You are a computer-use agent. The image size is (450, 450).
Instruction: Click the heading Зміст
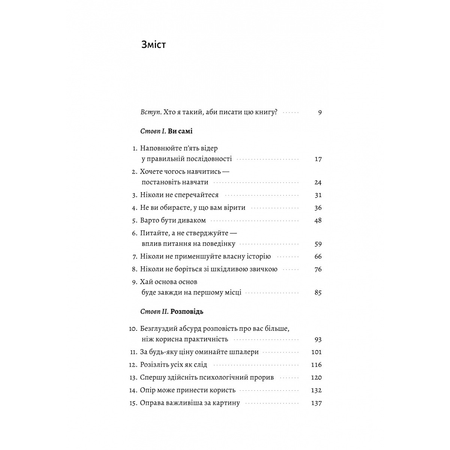pyautogui.click(x=154, y=45)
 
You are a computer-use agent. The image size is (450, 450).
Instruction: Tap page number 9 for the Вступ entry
pyautogui.click(x=319, y=112)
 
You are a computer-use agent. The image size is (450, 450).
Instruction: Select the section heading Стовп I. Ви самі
pyautogui.click(x=166, y=132)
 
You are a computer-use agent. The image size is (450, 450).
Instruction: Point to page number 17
pyautogui.click(x=318, y=159)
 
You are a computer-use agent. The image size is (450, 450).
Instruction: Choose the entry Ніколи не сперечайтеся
pyautogui.click(x=179, y=195)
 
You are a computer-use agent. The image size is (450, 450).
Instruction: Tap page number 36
pyautogui.click(x=318, y=208)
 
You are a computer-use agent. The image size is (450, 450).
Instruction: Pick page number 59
pyautogui.click(x=318, y=244)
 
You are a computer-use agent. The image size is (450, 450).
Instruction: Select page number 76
pyautogui.click(x=318, y=269)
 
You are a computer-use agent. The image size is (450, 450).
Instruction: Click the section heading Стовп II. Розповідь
pyautogui.click(x=172, y=312)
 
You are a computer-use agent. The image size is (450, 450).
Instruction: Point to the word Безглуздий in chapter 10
pyautogui.click(x=159, y=329)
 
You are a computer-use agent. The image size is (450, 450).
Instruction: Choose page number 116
pyautogui.click(x=316, y=365)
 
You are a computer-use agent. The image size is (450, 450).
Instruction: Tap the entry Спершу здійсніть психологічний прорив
pyautogui.click(x=207, y=378)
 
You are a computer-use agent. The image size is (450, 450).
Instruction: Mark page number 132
pyautogui.click(x=316, y=390)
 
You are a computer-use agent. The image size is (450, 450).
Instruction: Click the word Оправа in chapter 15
pyautogui.click(x=152, y=403)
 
